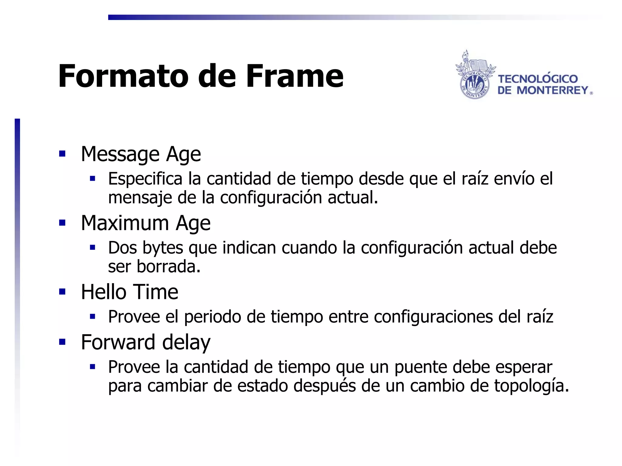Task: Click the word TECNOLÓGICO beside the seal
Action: (x=538, y=79)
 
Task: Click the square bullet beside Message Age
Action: (x=63, y=154)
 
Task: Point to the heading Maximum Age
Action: (x=145, y=223)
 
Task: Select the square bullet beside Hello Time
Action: (x=63, y=292)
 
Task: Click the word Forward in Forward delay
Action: (x=118, y=342)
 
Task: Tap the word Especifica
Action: (x=145, y=179)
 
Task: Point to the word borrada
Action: (x=168, y=267)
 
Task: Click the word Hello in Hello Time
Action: (x=104, y=292)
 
